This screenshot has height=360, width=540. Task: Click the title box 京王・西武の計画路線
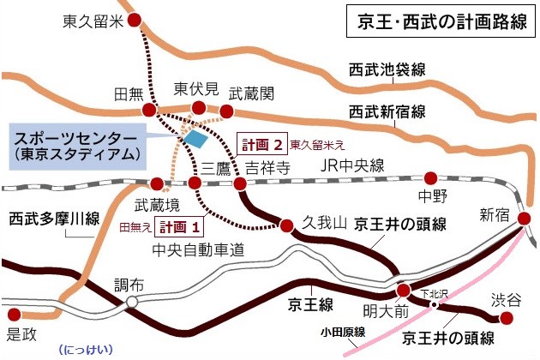[438, 23]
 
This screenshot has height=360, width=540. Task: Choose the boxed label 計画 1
[183, 227]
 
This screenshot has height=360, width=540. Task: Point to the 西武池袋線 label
[387, 70]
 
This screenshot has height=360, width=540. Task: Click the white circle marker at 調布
[132, 303]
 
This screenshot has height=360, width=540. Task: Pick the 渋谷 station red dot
[506, 318]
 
